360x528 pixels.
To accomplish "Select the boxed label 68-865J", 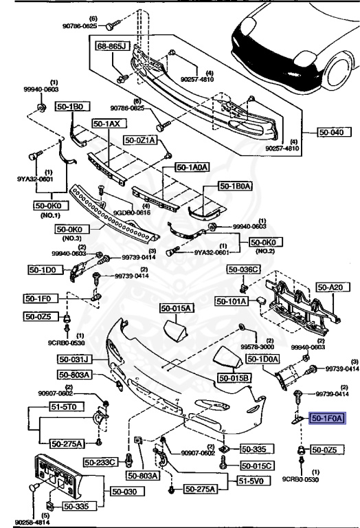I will click(x=112, y=46).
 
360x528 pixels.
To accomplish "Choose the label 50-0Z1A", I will click(x=141, y=140).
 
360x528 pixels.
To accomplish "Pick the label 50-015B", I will click(x=234, y=377).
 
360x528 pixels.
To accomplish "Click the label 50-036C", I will click(x=245, y=269).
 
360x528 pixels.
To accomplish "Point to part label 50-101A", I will click(x=232, y=300).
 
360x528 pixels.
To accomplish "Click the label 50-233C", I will click(x=101, y=461).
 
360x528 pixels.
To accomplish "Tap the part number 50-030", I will click(x=126, y=492).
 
